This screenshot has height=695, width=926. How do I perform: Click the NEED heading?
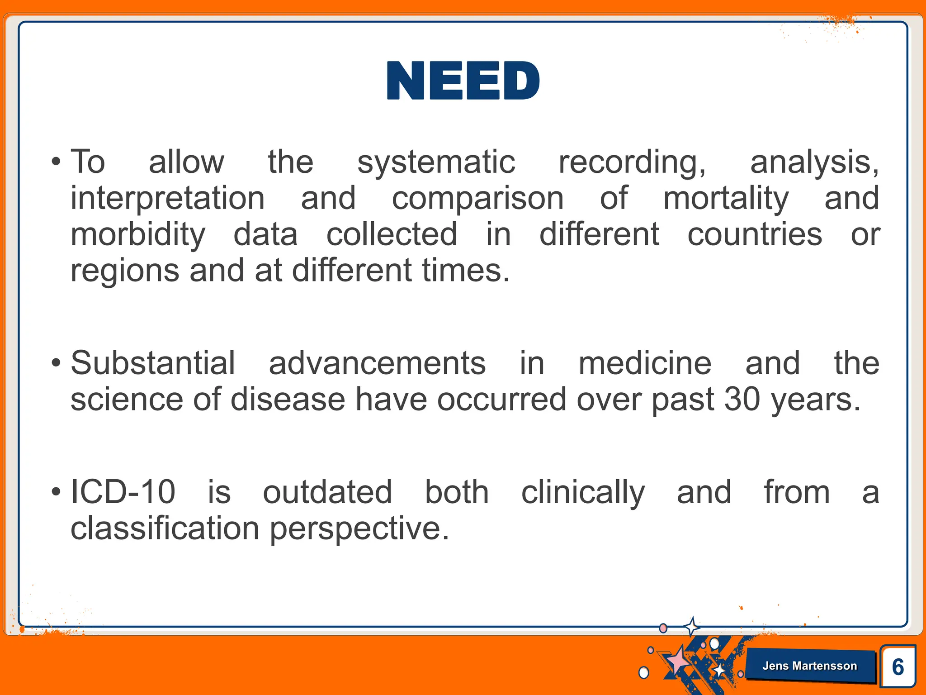(463, 81)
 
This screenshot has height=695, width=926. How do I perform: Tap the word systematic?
(436, 162)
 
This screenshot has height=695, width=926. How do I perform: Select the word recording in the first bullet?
(631, 162)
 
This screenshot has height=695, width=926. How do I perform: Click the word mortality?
(726, 198)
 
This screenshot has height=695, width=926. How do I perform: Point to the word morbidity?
(138, 234)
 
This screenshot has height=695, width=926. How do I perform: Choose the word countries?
(754, 234)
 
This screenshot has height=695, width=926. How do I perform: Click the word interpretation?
(168, 198)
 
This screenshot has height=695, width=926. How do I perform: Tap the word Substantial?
(153, 363)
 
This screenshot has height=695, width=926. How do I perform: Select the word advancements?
(377, 363)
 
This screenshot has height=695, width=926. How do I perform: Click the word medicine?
(645, 363)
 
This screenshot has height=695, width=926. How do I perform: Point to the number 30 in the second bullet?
(742, 399)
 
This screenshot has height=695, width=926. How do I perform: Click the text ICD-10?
(123, 492)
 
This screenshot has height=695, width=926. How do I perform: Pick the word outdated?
(327, 492)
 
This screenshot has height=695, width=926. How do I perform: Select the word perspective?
(359, 528)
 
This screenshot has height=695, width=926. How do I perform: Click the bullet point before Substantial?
(56, 363)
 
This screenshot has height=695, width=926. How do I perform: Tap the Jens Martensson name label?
(809, 666)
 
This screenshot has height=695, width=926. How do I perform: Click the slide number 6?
(898, 667)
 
